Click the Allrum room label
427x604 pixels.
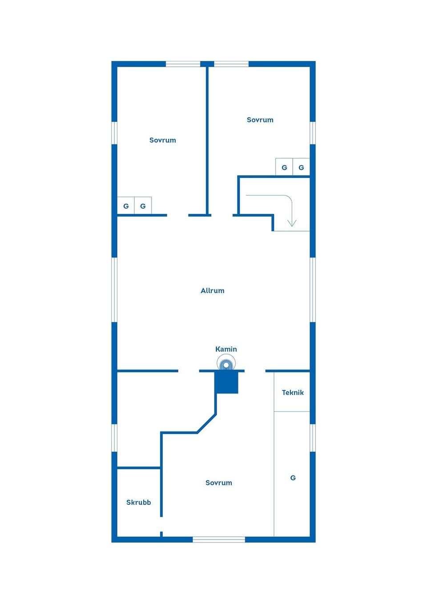tap(213, 291)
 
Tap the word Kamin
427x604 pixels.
tap(226, 349)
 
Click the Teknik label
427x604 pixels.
tap(293, 393)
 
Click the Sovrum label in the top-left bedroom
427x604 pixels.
tap(162, 140)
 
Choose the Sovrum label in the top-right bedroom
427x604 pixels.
tap(260, 120)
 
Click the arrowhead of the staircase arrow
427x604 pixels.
tap(292, 224)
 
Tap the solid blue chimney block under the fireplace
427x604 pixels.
tap(226, 383)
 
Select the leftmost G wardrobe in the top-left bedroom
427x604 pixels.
tap(126, 205)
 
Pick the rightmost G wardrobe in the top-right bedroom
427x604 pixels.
tap(301, 167)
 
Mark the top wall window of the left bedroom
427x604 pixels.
tap(183, 64)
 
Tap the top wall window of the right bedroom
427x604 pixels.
tap(231, 64)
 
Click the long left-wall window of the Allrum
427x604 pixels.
tap(114, 290)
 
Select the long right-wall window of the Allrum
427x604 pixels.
tap(312, 290)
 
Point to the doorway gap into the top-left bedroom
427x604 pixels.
tap(177, 215)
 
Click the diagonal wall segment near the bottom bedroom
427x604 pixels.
tap(206, 423)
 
